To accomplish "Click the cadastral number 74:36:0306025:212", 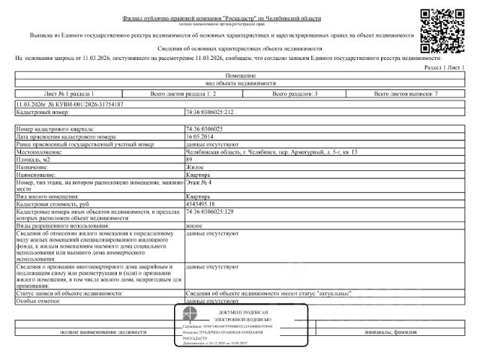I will (210, 112).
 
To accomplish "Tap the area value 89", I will (188, 160).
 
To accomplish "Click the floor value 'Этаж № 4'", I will (199, 182).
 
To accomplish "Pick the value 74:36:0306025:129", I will (209, 211).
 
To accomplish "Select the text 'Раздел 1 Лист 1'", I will (444, 67).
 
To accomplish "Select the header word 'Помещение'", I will (240, 75).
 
